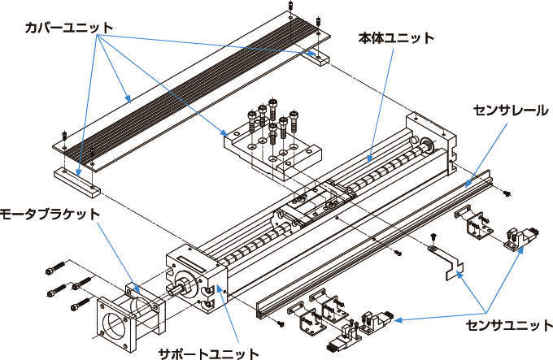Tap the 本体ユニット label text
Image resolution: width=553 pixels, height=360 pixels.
(x=396, y=38)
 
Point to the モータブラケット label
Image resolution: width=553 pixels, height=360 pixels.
(x=50, y=214)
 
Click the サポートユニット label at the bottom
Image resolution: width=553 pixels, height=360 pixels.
(x=208, y=353)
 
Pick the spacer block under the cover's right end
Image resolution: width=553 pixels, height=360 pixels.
(x=319, y=57)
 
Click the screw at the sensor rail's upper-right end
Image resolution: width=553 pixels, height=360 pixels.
(x=507, y=193)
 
